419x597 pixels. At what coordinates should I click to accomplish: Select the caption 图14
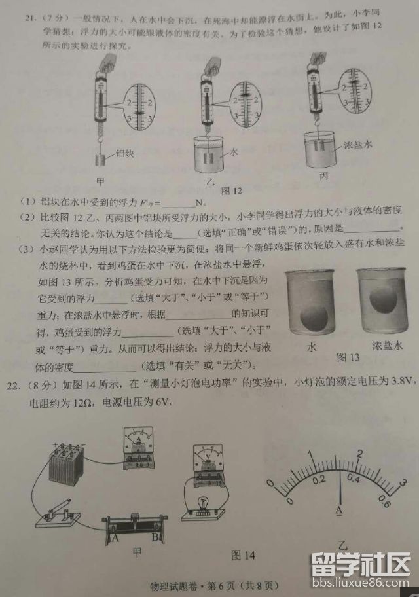click(243, 554)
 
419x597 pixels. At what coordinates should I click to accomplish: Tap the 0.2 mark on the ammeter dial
click(319, 479)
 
